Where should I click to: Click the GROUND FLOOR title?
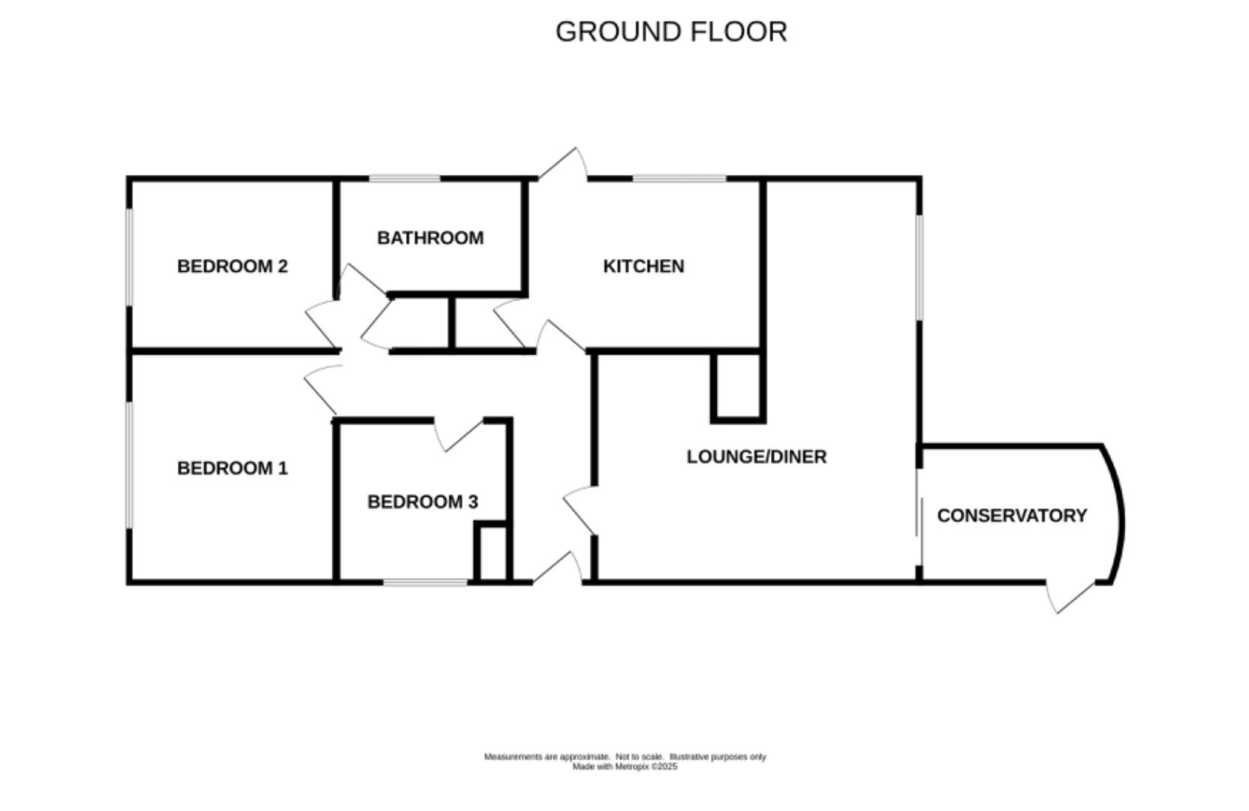coord(671,32)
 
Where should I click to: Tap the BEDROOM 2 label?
coord(232,267)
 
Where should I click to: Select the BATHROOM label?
coord(430,238)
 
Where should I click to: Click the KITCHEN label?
coord(643,267)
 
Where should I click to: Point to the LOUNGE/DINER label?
coord(757,457)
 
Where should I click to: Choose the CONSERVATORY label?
coord(1012,516)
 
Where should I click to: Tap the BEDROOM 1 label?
coord(232,469)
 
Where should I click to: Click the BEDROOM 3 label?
coord(423,502)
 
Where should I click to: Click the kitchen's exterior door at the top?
coord(563,165)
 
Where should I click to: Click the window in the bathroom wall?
coord(404,179)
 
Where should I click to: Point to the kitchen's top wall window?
coord(679,179)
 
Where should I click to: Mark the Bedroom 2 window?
coord(129,257)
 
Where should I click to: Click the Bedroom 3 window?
coord(426,582)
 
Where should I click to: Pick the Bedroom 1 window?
coord(129,465)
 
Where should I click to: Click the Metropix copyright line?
coord(624,767)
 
